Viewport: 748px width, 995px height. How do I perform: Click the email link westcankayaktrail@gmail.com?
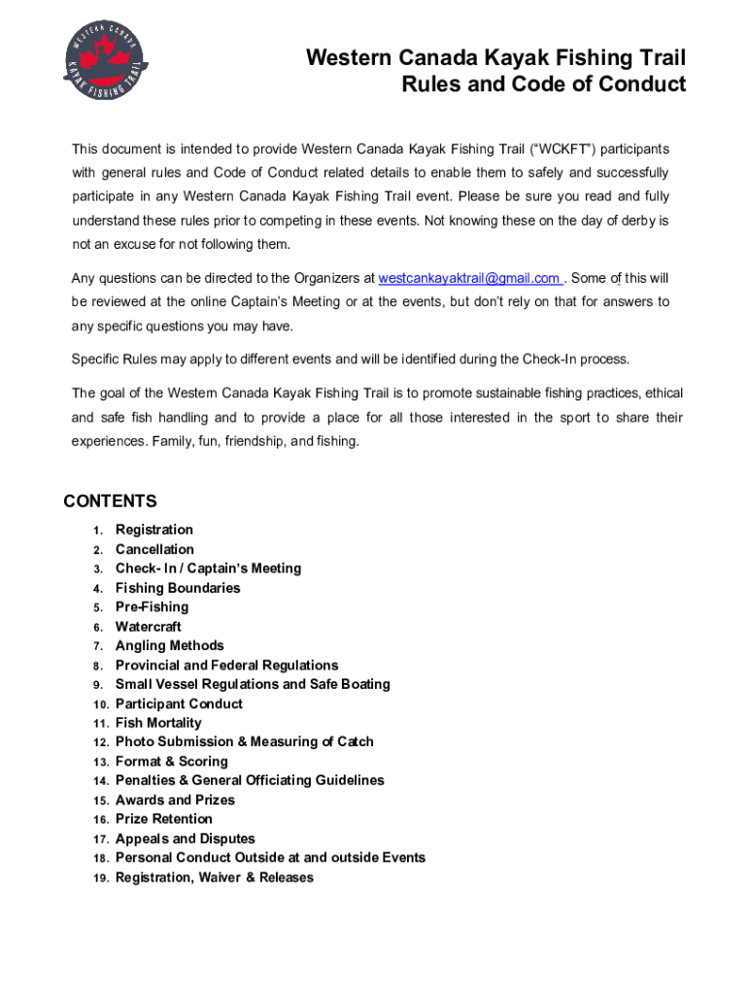pos(468,279)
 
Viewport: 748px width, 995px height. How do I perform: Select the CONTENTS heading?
pos(110,501)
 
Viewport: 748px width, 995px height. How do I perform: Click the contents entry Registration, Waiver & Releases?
pos(214,877)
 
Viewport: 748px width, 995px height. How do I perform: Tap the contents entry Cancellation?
pos(154,549)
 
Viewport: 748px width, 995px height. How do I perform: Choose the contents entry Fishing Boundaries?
pos(178,588)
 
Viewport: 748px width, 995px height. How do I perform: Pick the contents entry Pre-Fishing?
pos(152,607)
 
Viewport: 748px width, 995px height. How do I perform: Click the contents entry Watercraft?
pos(148,627)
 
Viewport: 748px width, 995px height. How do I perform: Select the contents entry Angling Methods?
pos(169,645)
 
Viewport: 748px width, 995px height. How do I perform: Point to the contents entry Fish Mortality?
pos(158,723)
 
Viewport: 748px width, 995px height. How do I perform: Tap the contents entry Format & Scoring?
pos(171,762)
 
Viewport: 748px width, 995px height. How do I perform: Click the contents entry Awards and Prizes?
pos(175,800)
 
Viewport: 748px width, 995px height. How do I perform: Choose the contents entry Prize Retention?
pos(163,819)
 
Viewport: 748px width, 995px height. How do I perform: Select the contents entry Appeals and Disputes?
pos(185,839)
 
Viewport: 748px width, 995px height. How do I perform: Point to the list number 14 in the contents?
pos(100,781)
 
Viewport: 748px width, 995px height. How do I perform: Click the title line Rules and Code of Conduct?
pos(544,85)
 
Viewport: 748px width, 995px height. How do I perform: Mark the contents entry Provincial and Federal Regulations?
pos(226,666)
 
